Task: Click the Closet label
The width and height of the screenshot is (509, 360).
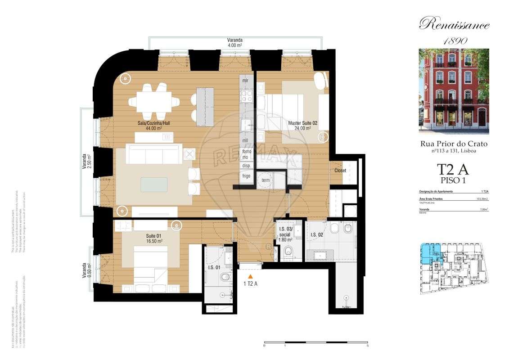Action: click(x=341, y=171)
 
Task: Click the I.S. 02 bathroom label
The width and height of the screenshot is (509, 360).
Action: click(x=317, y=234)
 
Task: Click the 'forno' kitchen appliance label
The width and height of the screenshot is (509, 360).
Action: click(x=246, y=152)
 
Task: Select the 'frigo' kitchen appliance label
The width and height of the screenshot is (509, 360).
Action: click(x=246, y=175)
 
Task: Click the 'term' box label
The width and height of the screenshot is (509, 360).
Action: click(x=266, y=180)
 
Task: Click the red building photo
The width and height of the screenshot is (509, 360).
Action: click(x=454, y=91)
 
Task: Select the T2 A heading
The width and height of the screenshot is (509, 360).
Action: click(x=453, y=170)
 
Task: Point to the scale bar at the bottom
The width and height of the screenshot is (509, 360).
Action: click(x=316, y=343)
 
